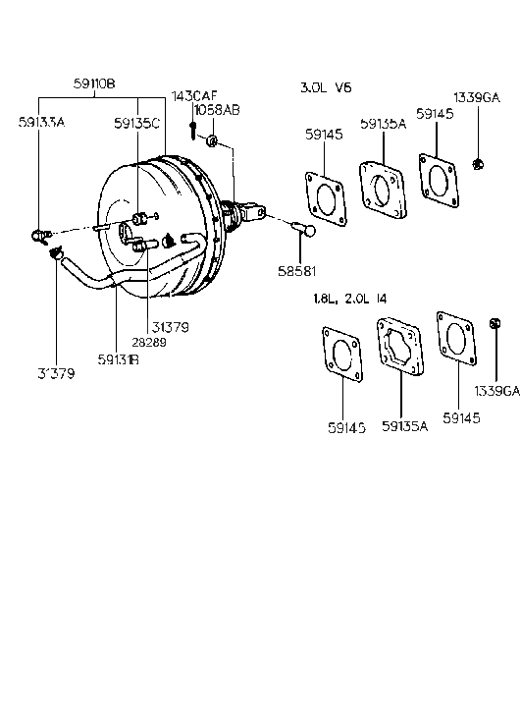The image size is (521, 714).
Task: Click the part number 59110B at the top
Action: point(95,85)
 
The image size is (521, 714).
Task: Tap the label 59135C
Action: point(136,124)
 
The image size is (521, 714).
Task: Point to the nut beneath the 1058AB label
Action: point(211,142)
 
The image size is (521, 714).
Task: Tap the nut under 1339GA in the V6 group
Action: point(477,163)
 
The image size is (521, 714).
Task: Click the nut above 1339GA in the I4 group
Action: point(495,323)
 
